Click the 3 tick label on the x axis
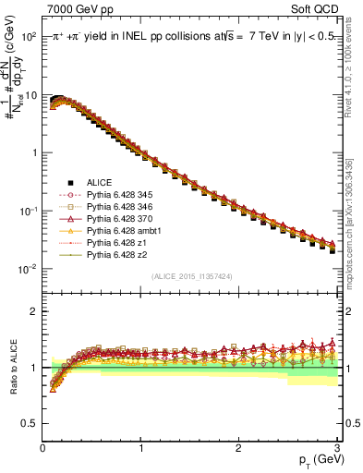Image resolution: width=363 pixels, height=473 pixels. (x=335, y=449)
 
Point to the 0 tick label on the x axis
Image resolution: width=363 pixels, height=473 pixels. (x=43, y=449)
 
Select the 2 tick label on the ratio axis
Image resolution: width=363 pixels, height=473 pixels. (x=31, y=311)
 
